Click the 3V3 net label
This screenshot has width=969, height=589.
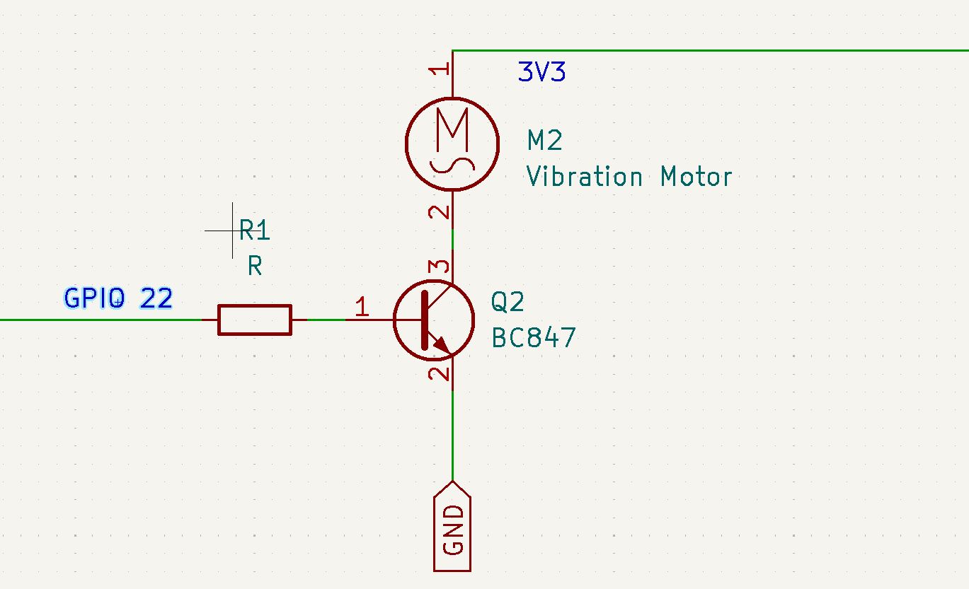pyautogui.click(x=541, y=71)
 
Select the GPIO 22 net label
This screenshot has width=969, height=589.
pyautogui.click(x=118, y=298)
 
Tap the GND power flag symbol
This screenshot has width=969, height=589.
pyautogui.click(x=452, y=526)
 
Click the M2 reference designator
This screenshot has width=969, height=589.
pyautogui.click(x=544, y=140)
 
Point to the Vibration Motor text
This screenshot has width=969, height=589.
pyautogui.click(x=629, y=176)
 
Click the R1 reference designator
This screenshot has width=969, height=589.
pyautogui.click(x=254, y=230)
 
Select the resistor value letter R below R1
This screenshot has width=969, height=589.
pyautogui.click(x=255, y=265)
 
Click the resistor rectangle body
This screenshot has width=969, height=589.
pyautogui.click(x=255, y=320)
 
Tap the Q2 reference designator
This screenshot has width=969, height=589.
pyautogui.click(x=508, y=302)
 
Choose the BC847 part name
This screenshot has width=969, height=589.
pyautogui.click(x=534, y=337)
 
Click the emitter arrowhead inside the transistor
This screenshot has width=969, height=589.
pyautogui.click(x=442, y=344)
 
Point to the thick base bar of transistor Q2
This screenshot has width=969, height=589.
pyautogui.click(x=425, y=320)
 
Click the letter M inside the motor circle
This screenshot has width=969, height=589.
pyautogui.click(x=452, y=129)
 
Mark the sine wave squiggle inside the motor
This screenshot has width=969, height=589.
pyautogui.click(x=452, y=166)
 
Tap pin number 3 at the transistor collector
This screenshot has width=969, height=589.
pyautogui.click(x=439, y=266)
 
